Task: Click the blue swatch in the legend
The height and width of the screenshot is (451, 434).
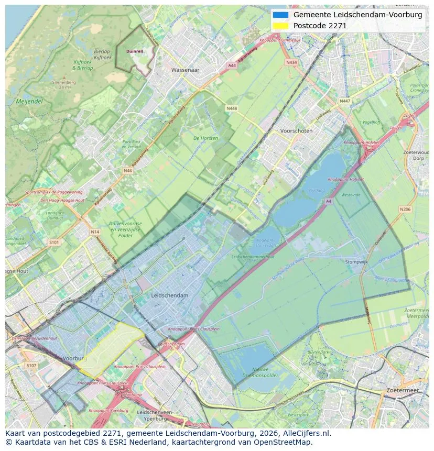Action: tap(281, 15)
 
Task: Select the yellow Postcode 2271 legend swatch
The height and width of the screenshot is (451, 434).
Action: tap(281, 26)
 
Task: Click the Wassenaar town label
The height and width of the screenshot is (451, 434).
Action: tap(186, 69)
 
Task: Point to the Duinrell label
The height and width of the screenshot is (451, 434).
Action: tap(135, 51)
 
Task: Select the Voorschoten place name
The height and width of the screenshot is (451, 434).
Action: tap(296, 131)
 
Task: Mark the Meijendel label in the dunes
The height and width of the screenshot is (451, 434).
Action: tap(29, 101)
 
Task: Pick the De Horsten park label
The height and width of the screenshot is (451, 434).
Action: tap(205, 138)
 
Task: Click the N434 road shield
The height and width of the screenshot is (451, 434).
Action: tap(291, 62)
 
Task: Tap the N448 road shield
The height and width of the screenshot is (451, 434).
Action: tap(231, 108)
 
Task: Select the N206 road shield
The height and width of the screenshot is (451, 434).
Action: tap(405, 210)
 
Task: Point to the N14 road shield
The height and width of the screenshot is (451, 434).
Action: tap(94, 232)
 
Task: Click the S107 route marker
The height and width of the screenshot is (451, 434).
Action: tap(31, 365)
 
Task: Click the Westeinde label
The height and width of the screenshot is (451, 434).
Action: tap(350, 195)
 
